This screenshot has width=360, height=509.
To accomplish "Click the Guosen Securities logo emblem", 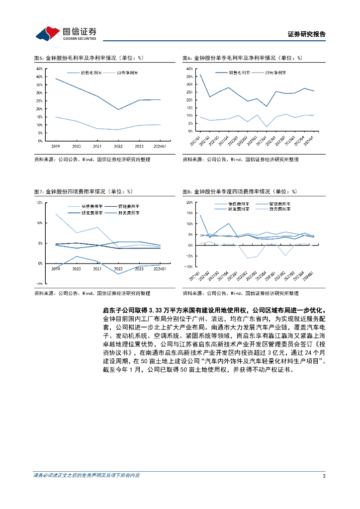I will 46,33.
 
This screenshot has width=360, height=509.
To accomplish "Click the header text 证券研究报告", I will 307,35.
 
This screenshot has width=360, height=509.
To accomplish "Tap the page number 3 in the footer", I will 324,476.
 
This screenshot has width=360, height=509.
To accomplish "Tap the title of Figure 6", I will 242,58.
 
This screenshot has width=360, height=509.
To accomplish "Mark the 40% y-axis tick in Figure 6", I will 189,68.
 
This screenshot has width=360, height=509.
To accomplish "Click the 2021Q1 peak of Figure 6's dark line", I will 200,75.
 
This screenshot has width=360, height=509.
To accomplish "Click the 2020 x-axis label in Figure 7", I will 77,268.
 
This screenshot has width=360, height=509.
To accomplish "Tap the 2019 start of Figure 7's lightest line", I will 56,214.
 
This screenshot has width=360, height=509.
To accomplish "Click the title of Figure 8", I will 239,191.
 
